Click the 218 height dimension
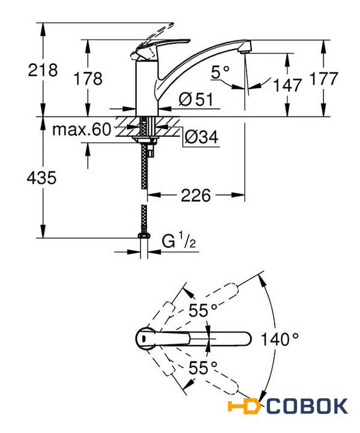tap(43, 70)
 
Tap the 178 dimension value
tap(88, 79)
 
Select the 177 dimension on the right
tap(323, 79)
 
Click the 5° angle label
tap(220, 72)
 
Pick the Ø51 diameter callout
tap(196, 100)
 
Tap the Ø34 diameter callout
tap(202, 137)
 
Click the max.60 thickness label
tap(82, 129)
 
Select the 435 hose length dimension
tap(41, 178)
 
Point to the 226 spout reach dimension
tap(196, 195)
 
